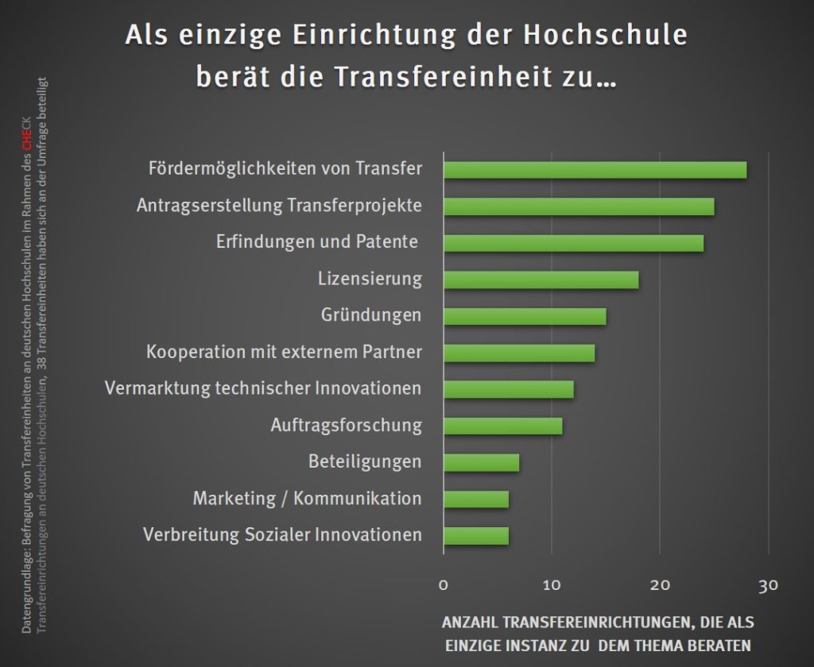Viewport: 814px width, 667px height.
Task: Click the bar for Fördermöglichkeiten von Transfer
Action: [595, 170]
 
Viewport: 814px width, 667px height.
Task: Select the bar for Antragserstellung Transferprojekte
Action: [579, 206]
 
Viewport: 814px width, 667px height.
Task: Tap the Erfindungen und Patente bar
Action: [573, 243]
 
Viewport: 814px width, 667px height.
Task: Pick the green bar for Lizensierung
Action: [541, 280]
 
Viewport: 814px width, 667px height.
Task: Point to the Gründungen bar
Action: [525, 316]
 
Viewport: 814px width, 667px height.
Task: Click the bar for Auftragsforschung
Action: [502, 426]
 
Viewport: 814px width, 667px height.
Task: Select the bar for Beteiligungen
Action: [481, 462]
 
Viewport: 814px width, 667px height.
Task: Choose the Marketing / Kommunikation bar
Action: [475, 499]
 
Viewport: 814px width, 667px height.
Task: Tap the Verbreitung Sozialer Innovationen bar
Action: [475, 535]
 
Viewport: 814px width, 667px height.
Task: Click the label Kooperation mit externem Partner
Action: [284, 352]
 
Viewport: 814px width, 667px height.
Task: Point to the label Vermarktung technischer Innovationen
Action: [263, 388]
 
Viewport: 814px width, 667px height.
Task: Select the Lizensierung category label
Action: [370, 279]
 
